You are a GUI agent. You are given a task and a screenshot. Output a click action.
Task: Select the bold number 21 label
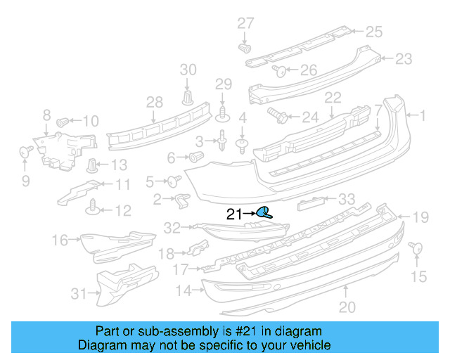(x=234, y=214)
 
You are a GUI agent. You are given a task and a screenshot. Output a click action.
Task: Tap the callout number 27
(x=245, y=23)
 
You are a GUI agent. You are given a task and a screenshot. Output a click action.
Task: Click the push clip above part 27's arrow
(x=245, y=49)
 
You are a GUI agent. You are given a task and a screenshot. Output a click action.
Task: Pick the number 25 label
(x=373, y=31)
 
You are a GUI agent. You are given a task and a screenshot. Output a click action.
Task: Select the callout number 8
(x=46, y=115)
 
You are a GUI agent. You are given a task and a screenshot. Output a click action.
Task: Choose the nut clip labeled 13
(x=92, y=166)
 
